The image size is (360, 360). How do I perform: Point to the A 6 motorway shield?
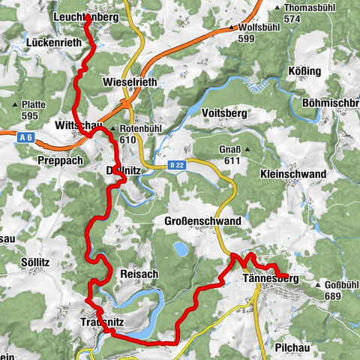pyautogui.click(x=26, y=136)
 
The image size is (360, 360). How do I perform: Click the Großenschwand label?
pyautogui.click(x=202, y=221)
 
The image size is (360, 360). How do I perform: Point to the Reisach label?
pyautogui.click(x=139, y=274)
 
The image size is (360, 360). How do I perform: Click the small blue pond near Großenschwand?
pyautogui.click(x=181, y=247)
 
